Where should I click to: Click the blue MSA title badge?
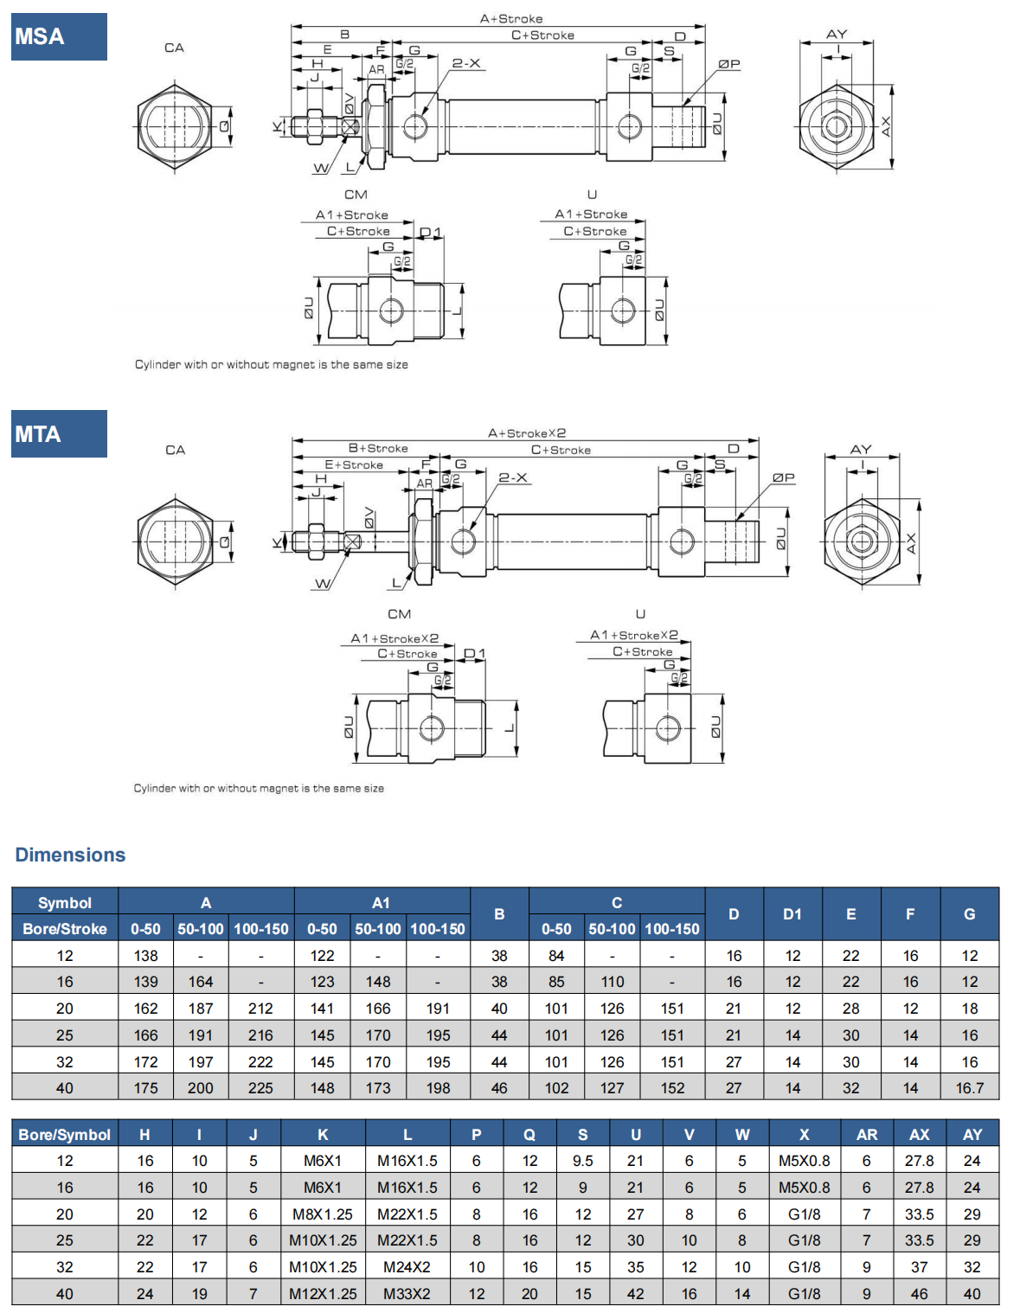[x=59, y=36]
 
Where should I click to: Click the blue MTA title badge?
[x=59, y=433]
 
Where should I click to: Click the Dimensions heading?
[x=70, y=855]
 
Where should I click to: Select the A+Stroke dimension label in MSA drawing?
[x=511, y=18]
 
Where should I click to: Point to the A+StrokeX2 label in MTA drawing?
[x=526, y=432]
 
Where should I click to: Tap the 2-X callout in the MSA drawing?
[x=465, y=63]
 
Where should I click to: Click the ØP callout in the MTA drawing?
[x=783, y=477]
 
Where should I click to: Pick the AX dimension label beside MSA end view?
[x=886, y=127]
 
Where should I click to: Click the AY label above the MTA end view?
[x=861, y=449]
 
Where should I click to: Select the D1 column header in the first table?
[x=792, y=913]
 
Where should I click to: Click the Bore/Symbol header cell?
[x=65, y=1134]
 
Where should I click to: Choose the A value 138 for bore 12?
[x=146, y=955]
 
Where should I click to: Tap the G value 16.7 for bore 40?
[x=969, y=1087]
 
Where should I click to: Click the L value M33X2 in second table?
[x=407, y=1293]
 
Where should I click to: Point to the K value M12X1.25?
[x=323, y=1293]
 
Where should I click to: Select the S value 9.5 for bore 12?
[x=583, y=1161]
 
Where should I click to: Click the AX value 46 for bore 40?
[x=919, y=1293]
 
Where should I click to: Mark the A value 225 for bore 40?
[x=260, y=1087]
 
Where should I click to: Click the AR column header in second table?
[x=866, y=1134]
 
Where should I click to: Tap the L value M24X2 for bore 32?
[x=407, y=1266]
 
